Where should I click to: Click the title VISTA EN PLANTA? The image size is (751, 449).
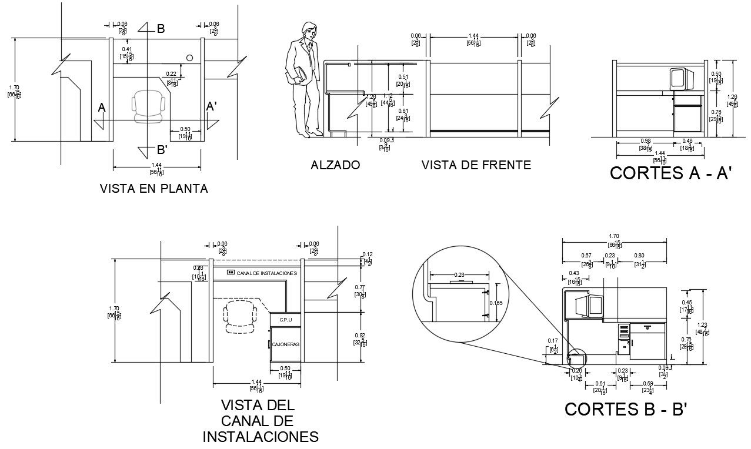coord(154,189)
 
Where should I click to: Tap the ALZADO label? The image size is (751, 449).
coord(335,165)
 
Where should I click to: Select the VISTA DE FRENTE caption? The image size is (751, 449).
coord(476,165)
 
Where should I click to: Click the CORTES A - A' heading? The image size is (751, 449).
coord(670,173)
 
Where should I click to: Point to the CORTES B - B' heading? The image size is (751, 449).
coord(626,409)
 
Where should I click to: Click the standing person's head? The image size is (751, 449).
coord(308,29)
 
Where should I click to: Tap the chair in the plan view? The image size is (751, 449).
coord(149,106)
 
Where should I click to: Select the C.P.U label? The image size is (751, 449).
coord(286,320)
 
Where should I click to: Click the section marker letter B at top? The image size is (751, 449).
coord(161,28)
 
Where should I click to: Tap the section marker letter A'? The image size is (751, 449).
coord(212,107)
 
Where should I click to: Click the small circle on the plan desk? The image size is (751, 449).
coord(190,58)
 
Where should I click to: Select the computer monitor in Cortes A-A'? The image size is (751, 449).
coord(679,78)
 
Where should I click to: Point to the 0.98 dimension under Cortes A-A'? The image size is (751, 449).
coord(645,141)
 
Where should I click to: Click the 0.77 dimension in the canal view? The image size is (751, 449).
coord(359,287)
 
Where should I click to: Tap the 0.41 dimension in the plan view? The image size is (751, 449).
coord(127,49)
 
